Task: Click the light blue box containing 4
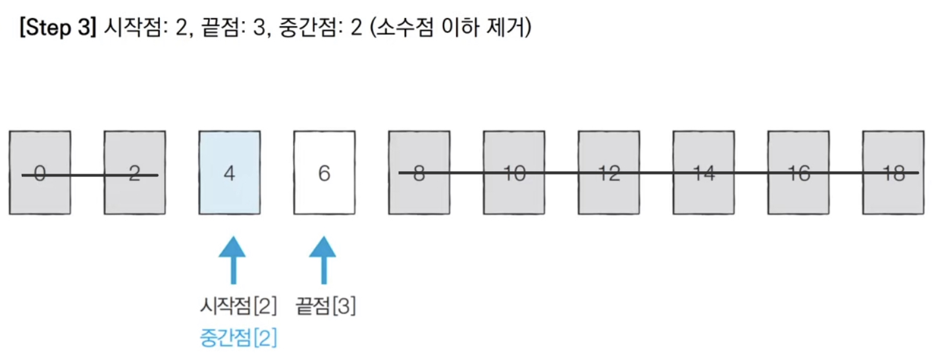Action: (230, 172)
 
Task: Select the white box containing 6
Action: (324, 172)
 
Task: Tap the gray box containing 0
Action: (40, 172)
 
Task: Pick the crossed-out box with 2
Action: (135, 172)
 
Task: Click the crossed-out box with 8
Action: (419, 172)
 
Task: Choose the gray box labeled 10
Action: (514, 172)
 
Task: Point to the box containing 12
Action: (609, 172)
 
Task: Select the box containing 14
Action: (704, 172)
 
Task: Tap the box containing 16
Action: (798, 172)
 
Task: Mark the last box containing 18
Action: (893, 172)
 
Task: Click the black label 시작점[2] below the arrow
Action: (238, 306)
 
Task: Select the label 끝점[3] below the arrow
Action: (326, 306)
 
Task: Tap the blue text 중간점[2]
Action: (238, 338)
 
